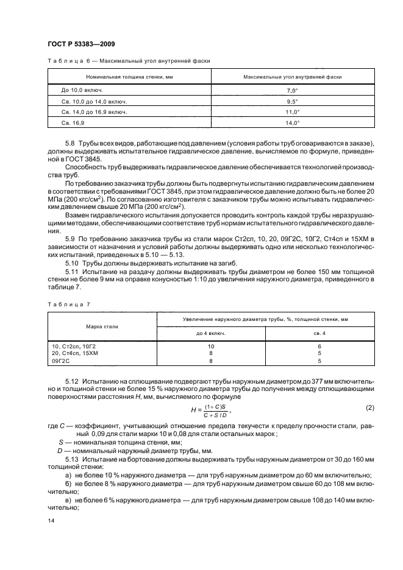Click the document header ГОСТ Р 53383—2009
point(81,44)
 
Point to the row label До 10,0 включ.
point(82,90)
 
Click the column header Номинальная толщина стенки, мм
point(129,77)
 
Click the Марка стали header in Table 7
point(102,326)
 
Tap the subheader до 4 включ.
point(211,333)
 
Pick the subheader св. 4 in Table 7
point(319,333)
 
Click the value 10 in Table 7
point(211,346)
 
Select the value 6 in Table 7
point(319,346)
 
